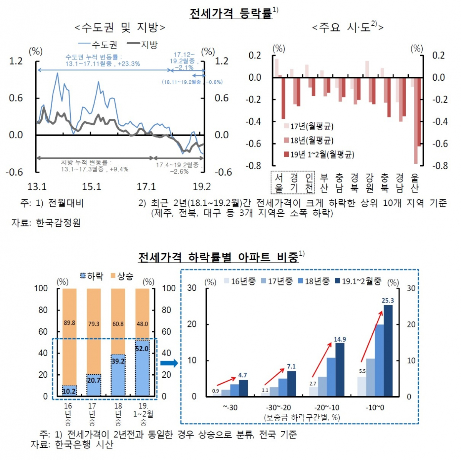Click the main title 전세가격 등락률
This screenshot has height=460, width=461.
tap(231, 13)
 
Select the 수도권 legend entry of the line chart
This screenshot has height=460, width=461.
tap(98, 45)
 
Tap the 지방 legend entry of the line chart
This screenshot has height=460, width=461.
tap(143, 45)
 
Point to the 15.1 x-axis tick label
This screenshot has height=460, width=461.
tap(91, 187)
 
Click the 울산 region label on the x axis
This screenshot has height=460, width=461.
tap(414, 183)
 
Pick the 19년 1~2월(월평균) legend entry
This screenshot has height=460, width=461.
tap(318, 154)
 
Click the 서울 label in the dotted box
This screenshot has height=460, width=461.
tap(279, 183)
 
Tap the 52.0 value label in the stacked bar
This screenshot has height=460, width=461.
tap(142, 349)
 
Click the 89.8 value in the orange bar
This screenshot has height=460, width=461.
tap(70, 323)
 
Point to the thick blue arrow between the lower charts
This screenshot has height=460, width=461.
tap(169, 363)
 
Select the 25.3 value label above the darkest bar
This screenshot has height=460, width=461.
tap(388, 301)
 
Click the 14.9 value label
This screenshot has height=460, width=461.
tap(340, 339)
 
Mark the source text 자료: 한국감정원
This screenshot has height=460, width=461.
tap(46, 223)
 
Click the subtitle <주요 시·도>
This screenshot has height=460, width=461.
tap(347, 27)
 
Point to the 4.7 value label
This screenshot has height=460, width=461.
tap(242, 375)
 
